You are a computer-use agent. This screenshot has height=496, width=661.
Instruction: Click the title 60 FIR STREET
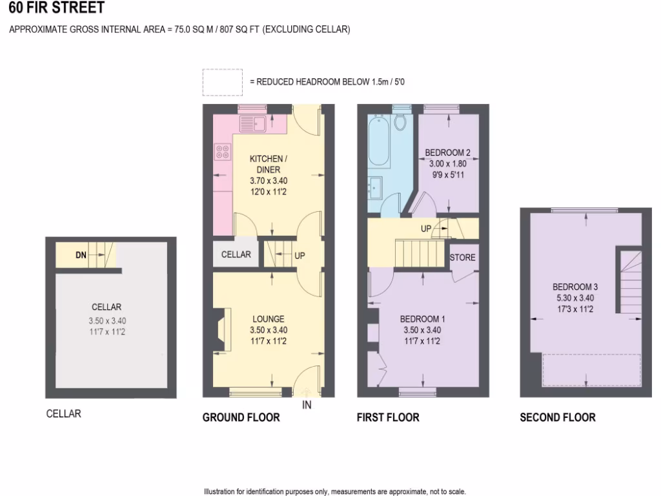point(56,8)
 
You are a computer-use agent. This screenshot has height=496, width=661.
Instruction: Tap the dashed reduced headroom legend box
point(222,82)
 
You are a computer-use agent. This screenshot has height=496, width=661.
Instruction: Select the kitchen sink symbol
point(253,122)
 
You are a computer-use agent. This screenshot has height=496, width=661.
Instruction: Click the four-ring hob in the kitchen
point(223,152)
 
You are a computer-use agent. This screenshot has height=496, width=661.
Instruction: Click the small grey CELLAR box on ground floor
point(236,254)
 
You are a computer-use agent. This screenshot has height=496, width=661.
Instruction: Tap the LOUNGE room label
point(269,319)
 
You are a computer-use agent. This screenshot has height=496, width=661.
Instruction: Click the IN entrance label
point(307,406)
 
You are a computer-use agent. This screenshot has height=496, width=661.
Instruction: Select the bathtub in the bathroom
point(378,141)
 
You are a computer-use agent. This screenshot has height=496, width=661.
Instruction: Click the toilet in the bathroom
point(400,121)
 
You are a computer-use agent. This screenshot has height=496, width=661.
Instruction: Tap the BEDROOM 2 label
point(447,153)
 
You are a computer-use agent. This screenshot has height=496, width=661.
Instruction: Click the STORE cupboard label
point(463,258)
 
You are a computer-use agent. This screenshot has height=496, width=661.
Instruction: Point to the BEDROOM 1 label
point(422,319)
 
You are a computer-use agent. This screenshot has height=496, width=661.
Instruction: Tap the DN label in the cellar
point(81,255)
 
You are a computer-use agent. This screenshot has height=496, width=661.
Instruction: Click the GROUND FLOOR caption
point(241,418)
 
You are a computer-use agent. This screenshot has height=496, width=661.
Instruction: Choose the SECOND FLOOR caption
point(557,418)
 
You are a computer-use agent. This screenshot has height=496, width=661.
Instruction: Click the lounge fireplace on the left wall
point(221,329)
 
